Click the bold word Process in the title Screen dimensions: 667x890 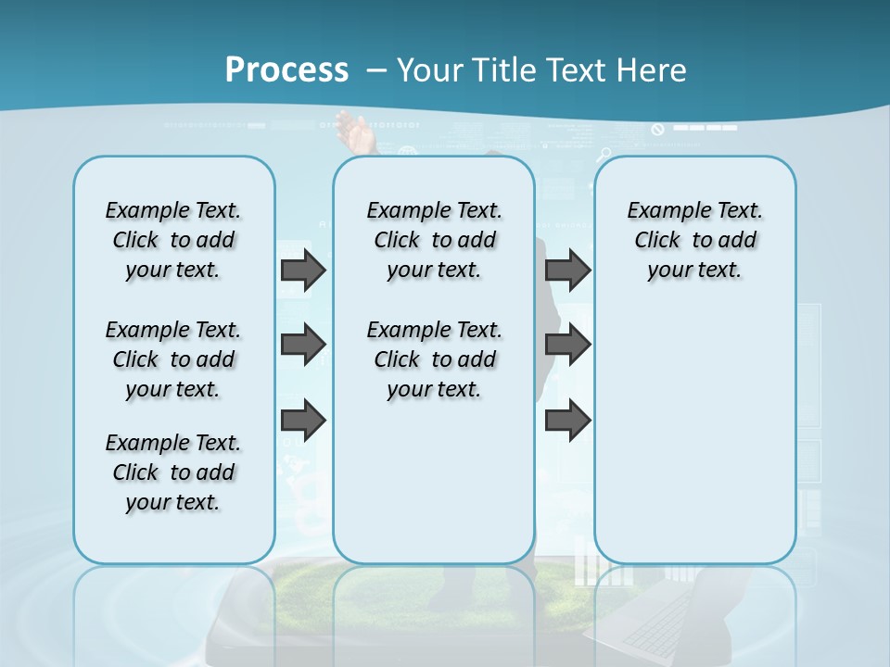click(x=286, y=70)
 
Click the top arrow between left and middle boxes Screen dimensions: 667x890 click(x=303, y=270)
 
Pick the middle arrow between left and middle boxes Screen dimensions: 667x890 click(x=303, y=345)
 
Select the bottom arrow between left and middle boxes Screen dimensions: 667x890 click(x=303, y=421)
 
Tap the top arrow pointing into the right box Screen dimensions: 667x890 click(x=567, y=270)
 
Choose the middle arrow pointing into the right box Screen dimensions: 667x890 click(x=567, y=345)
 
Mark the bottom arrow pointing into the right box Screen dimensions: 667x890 click(x=567, y=421)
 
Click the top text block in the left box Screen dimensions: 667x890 click(x=173, y=240)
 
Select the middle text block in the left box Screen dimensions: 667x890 click(x=173, y=359)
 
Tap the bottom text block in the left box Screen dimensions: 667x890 click(x=173, y=472)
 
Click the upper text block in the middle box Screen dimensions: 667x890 click(x=434, y=240)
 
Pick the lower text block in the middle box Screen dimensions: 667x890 click(x=434, y=359)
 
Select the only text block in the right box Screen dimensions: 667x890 click(x=694, y=240)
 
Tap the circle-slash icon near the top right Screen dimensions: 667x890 click(x=658, y=130)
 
